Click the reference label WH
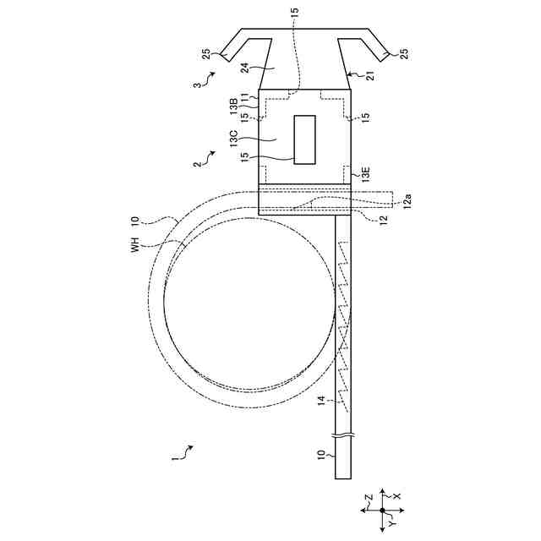pyautogui.click(x=135, y=244)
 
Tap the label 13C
pyautogui.click(x=235, y=139)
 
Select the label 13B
pyautogui.click(x=234, y=106)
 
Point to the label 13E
pyautogui.click(x=365, y=175)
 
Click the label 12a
pyautogui.click(x=407, y=201)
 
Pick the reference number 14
pyautogui.click(x=321, y=401)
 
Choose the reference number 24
pyautogui.click(x=244, y=68)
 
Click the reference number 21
pyautogui.click(x=369, y=76)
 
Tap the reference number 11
pyautogui.click(x=244, y=97)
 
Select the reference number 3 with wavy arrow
pyautogui.click(x=204, y=80)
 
